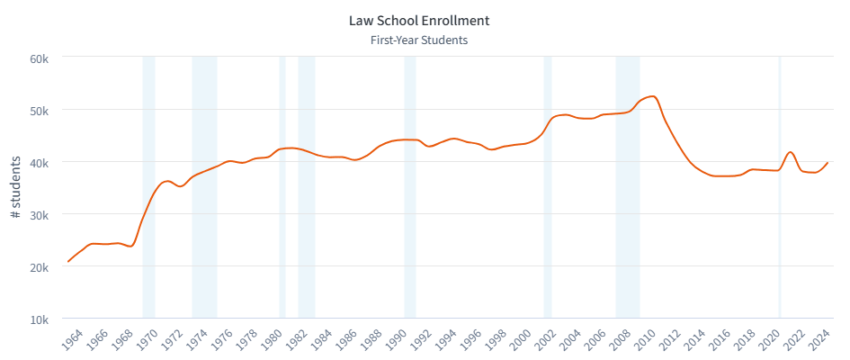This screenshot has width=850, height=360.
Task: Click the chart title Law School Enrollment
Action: pyautogui.click(x=418, y=20)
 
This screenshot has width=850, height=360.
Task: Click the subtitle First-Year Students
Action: pyautogui.click(x=418, y=40)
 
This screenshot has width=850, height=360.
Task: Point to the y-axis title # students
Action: pyautogui.click(x=15, y=188)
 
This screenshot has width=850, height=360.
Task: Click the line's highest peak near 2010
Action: pyautogui.click(x=652, y=96)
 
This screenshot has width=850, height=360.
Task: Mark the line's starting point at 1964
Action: pyautogui.click(x=68, y=261)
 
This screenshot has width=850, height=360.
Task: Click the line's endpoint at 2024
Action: pyautogui.click(x=828, y=163)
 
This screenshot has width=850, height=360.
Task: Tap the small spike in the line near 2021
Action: pyautogui.click(x=790, y=152)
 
